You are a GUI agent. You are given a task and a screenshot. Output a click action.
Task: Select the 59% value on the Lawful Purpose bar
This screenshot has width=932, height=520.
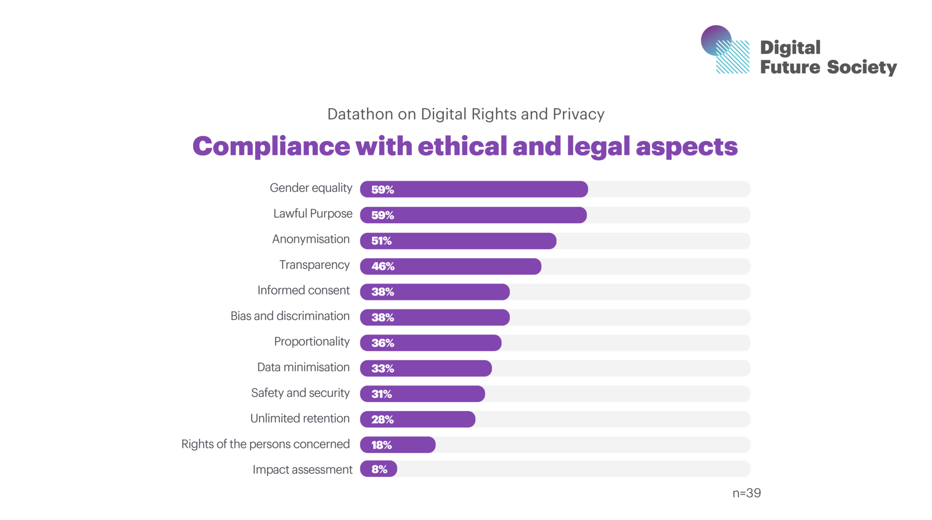pos(382,215)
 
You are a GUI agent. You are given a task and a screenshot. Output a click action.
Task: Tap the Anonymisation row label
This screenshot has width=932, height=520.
pos(311,239)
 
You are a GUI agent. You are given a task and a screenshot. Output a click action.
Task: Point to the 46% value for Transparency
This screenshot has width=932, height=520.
pos(383,266)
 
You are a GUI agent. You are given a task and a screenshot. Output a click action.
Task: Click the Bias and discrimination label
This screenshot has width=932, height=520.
pos(290,316)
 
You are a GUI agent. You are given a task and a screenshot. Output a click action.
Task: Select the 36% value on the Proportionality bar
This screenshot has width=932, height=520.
pos(382,343)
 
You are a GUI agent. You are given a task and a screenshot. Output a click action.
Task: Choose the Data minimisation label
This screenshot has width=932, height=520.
pos(303,367)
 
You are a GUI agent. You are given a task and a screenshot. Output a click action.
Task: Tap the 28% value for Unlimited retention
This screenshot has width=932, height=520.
pos(382,420)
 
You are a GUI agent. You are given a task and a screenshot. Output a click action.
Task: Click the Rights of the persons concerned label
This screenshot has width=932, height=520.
pos(265,444)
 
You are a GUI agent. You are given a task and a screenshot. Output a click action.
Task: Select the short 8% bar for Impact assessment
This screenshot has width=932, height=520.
pos(379,469)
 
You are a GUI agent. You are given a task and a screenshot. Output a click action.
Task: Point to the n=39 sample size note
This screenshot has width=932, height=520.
pos(746,493)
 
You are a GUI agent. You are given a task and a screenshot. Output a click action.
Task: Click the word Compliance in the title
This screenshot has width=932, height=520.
pos(271,146)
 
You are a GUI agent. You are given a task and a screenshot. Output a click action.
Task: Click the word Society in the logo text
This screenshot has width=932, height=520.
pos(861,67)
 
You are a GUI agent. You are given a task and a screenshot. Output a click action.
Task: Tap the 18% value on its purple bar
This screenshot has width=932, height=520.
pos(381,445)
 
